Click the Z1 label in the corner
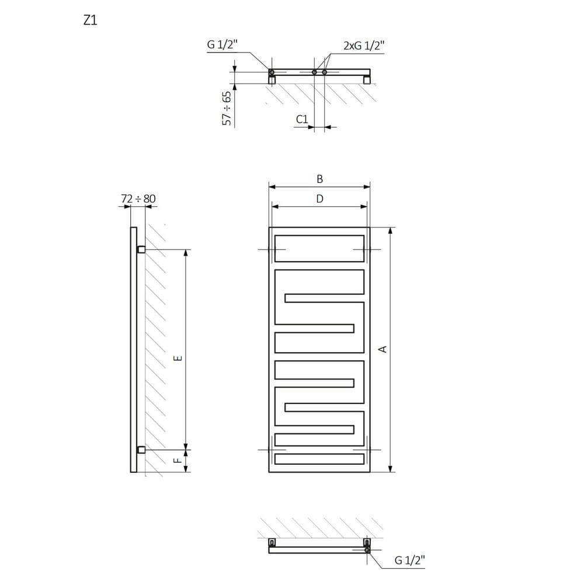point(90,20)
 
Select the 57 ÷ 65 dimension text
point(227,109)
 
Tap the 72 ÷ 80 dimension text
point(138,199)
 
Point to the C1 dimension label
point(302,119)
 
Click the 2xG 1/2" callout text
point(364,46)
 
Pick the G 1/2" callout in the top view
point(223,45)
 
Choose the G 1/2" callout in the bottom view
point(410,560)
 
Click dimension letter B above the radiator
point(319,179)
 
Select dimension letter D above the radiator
point(319,199)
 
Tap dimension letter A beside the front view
point(383,349)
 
